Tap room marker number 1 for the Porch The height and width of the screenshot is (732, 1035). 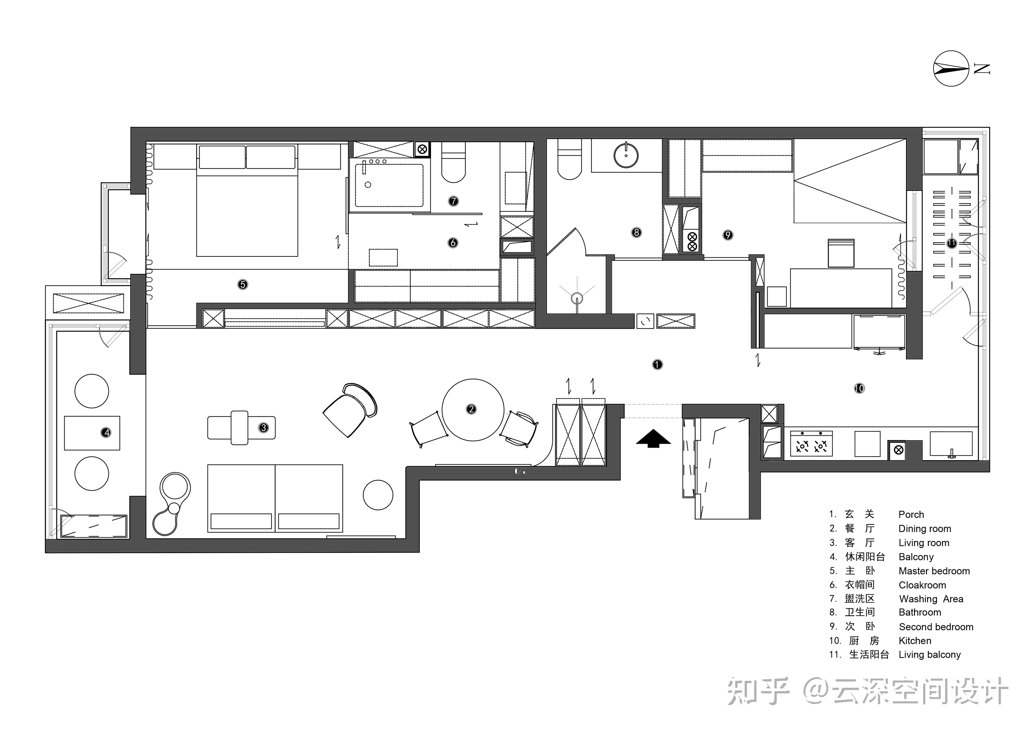click(x=657, y=364)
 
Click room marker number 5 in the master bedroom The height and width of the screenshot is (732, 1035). click(x=242, y=284)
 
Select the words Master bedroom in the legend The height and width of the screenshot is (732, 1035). click(x=934, y=571)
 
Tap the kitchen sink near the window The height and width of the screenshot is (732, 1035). click(x=951, y=444)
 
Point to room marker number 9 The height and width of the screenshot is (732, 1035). click(x=727, y=235)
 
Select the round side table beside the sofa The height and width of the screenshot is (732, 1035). click(x=378, y=495)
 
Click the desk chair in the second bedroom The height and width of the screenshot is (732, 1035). click(x=841, y=253)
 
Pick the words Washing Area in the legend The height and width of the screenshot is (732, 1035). click(x=931, y=599)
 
